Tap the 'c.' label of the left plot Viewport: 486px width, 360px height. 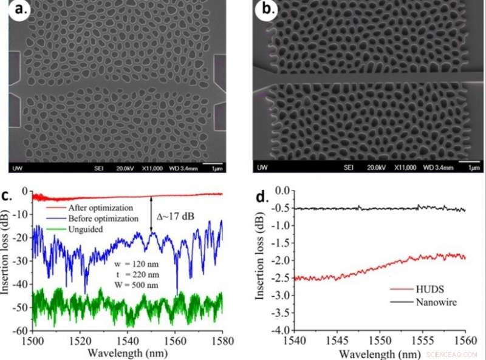tap(14, 195)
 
